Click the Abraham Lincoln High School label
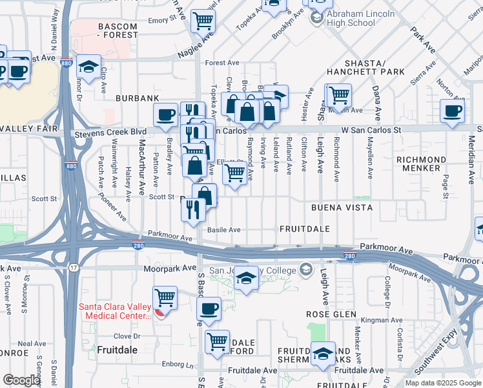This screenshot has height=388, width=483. point(351,18)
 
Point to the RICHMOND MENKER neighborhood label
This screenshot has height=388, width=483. point(421,164)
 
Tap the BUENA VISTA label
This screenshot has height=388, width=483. point(342,208)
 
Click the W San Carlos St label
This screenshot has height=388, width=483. point(371,130)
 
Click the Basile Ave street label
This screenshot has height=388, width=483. point(223,230)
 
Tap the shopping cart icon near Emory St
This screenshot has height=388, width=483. point(203,22)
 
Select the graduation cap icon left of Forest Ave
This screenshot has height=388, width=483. point(88,67)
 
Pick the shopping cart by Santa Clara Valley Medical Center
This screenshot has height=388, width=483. point(165,299)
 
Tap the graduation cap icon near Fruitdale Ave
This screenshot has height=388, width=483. point(323,354)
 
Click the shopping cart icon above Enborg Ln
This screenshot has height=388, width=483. point(218,341)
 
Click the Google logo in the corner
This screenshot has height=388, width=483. point(21,380)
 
